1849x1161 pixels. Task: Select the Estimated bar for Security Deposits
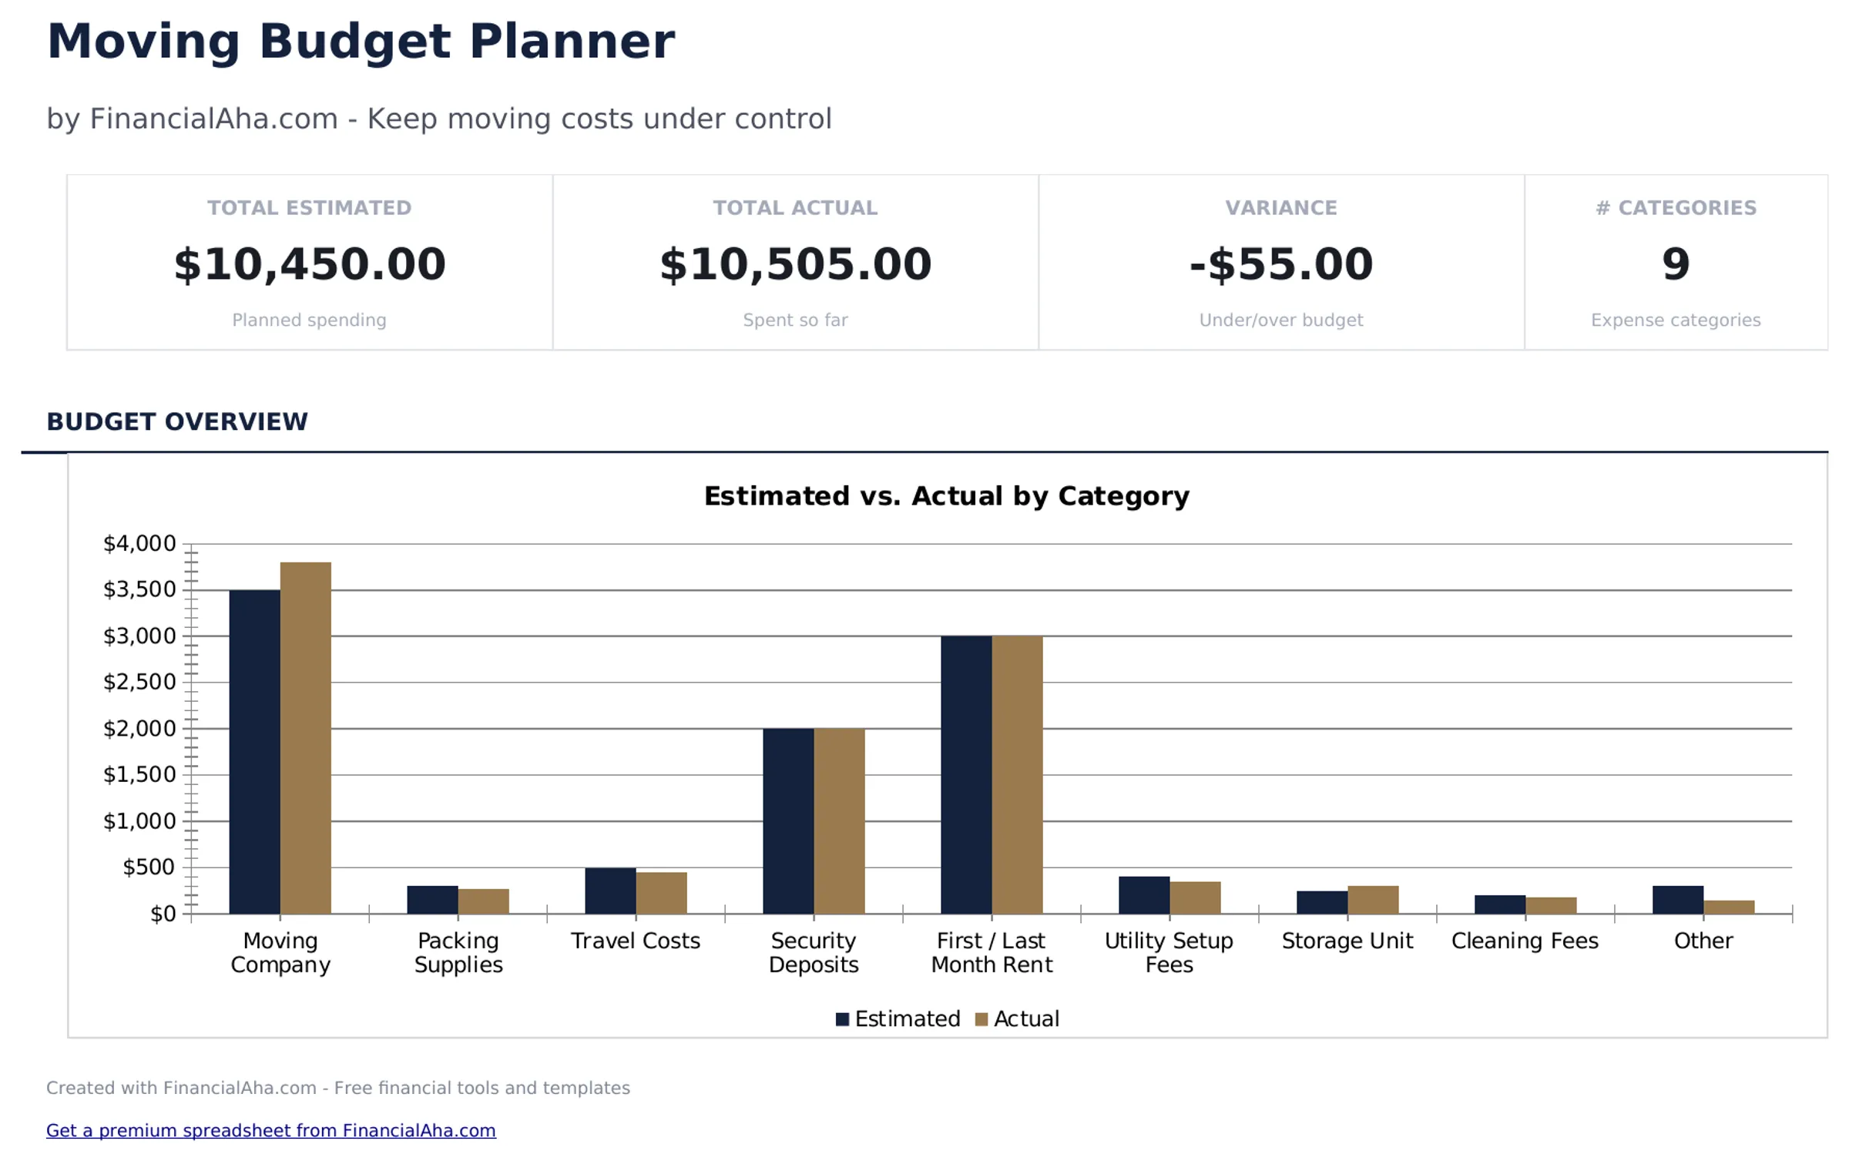(787, 820)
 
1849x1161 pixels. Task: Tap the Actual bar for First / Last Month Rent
(1016, 774)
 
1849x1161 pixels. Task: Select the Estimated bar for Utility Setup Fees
(1143, 894)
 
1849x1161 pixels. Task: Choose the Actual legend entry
(1016, 1018)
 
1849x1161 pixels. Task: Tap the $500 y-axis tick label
(149, 867)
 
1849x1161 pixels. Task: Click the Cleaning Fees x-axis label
(1524, 941)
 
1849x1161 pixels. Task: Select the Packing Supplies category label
(458, 952)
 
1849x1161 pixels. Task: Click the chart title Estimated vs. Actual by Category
(946, 495)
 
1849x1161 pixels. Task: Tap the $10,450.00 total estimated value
(309, 264)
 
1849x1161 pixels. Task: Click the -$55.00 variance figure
(1280, 264)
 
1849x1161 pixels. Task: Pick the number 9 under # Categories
(1675, 264)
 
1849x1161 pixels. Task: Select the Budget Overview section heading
(176, 421)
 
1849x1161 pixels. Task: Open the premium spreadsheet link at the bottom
(270, 1130)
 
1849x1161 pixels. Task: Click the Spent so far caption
(794, 320)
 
